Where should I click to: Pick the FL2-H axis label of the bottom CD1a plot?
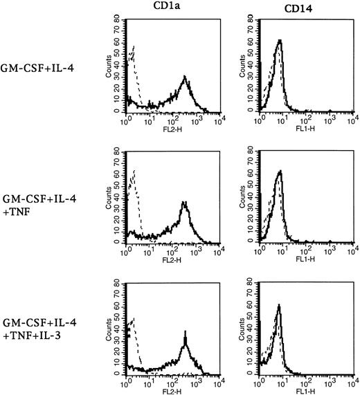click(166, 391)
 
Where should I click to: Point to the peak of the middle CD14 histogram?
click(279, 171)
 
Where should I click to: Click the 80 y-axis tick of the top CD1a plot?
click(118, 19)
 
